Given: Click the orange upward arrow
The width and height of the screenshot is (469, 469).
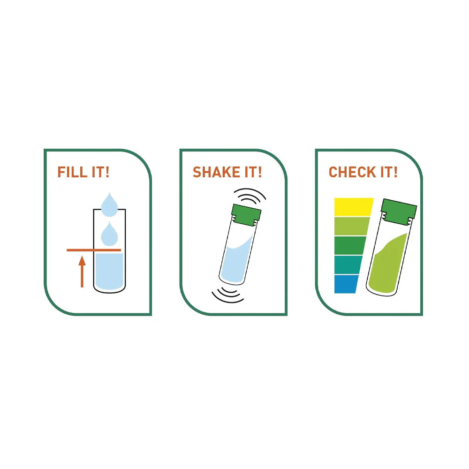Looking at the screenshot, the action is pyautogui.click(x=82, y=271).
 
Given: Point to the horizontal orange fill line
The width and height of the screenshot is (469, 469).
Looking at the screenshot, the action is pyautogui.click(x=94, y=250).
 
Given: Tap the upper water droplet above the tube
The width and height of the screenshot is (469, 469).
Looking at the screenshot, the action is pyautogui.click(x=109, y=204).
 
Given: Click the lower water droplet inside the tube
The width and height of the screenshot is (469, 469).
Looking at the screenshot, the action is pyautogui.click(x=109, y=234).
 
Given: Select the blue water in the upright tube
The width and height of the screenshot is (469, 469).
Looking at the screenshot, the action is pyautogui.click(x=109, y=272).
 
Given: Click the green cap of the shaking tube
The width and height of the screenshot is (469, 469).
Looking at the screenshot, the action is pyautogui.click(x=246, y=214).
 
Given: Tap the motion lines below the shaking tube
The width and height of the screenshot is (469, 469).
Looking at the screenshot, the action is pyautogui.click(x=228, y=295).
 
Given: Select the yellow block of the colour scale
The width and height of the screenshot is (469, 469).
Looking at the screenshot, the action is pyautogui.click(x=353, y=207).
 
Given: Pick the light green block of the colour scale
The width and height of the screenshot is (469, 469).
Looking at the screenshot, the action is pyautogui.click(x=351, y=226).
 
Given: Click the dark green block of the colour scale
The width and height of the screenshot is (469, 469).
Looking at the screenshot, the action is pyautogui.click(x=349, y=245).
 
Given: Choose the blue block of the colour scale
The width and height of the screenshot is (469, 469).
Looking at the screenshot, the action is pyautogui.click(x=346, y=284).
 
